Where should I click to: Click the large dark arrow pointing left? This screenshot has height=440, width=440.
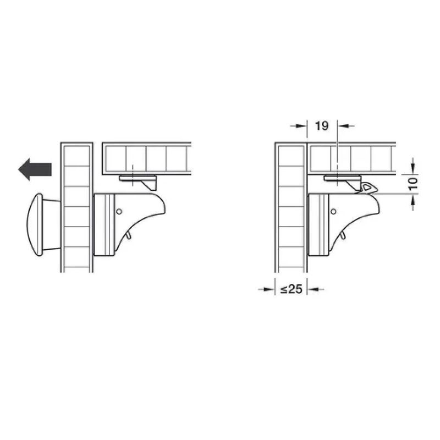[x=35, y=169]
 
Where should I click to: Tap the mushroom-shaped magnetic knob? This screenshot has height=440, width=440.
[x=42, y=224]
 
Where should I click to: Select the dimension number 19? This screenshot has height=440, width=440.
[x=322, y=126]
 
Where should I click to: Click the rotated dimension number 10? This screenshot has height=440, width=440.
[x=414, y=184]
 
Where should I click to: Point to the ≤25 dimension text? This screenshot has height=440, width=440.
[x=291, y=289]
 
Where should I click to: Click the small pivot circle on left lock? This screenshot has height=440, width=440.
[x=119, y=211]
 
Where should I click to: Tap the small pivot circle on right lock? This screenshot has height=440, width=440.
[x=333, y=211]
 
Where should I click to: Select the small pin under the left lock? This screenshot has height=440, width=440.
[x=128, y=235]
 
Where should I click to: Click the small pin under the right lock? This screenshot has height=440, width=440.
[x=343, y=235]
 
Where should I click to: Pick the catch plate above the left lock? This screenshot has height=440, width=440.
[x=138, y=182]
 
